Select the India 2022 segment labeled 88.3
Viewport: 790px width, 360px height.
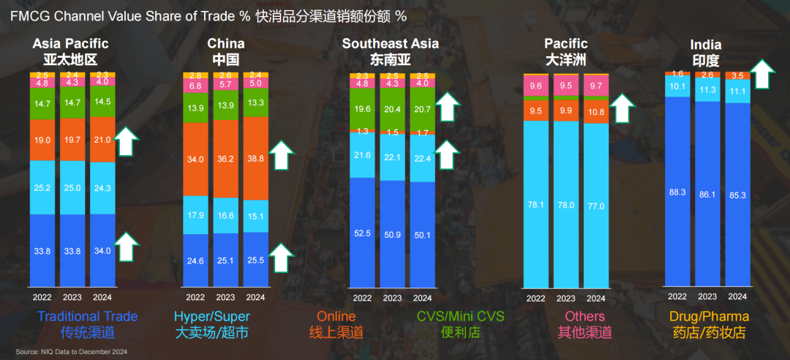pyautogui.click(x=677, y=192)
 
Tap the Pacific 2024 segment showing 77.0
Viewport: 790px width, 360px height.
pyautogui.click(x=596, y=206)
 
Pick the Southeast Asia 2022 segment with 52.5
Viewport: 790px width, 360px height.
pyautogui.click(x=362, y=234)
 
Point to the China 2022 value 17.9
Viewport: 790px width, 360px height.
pyautogui.click(x=195, y=215)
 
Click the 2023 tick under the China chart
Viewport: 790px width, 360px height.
pyautogui.click(x=225, y=298)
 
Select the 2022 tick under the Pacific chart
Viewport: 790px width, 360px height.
pyautogui.click(x=536, y=298)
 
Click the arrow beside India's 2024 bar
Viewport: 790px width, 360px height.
pyautogui.click(x=763, y=74)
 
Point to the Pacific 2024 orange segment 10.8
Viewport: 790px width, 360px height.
pyautogui.click(x=596, y=112)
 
